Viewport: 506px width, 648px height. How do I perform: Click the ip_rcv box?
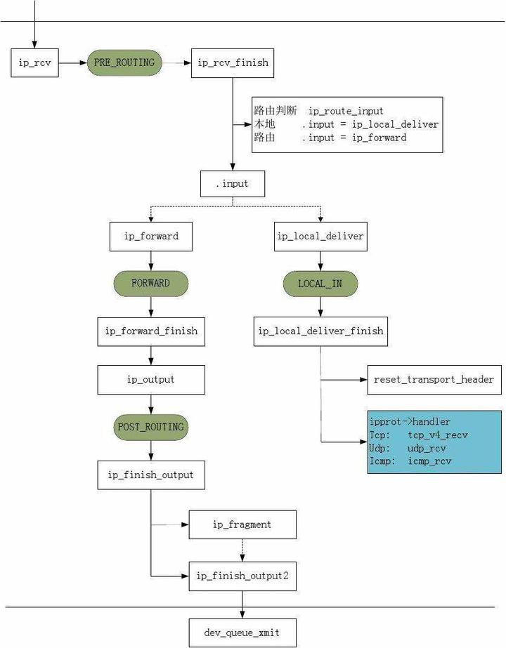click(34, 63)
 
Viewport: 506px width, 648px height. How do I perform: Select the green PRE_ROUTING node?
click(124, 62)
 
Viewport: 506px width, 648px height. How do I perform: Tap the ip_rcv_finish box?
click(233, 63)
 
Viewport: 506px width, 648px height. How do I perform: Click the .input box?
click(233, 184)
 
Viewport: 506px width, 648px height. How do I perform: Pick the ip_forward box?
click(151, 237)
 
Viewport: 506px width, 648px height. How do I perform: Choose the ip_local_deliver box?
click(320, 237)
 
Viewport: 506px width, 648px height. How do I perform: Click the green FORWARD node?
click(150, 284)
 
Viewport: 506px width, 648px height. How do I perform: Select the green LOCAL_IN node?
click(320, 284)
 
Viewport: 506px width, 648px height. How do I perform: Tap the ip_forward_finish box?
click(151, 331)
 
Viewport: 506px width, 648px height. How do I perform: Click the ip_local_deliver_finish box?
click(320, 331)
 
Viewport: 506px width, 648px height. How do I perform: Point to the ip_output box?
click(151, 380)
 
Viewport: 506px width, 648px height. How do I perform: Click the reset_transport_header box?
click(434, 380)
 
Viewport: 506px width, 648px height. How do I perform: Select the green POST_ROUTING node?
click(150, 427)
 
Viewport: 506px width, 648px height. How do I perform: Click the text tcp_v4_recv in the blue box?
click(437, 435)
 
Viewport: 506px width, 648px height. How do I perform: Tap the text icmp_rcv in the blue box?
click(429, 461)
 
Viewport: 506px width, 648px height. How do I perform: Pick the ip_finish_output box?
click(151, 475)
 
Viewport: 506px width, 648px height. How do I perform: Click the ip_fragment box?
click(242, 524)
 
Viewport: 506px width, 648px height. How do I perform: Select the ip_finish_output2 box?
click(242, 576)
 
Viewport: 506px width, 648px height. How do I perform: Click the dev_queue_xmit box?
click(242, 633)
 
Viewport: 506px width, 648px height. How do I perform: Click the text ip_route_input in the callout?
click(346, 111)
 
